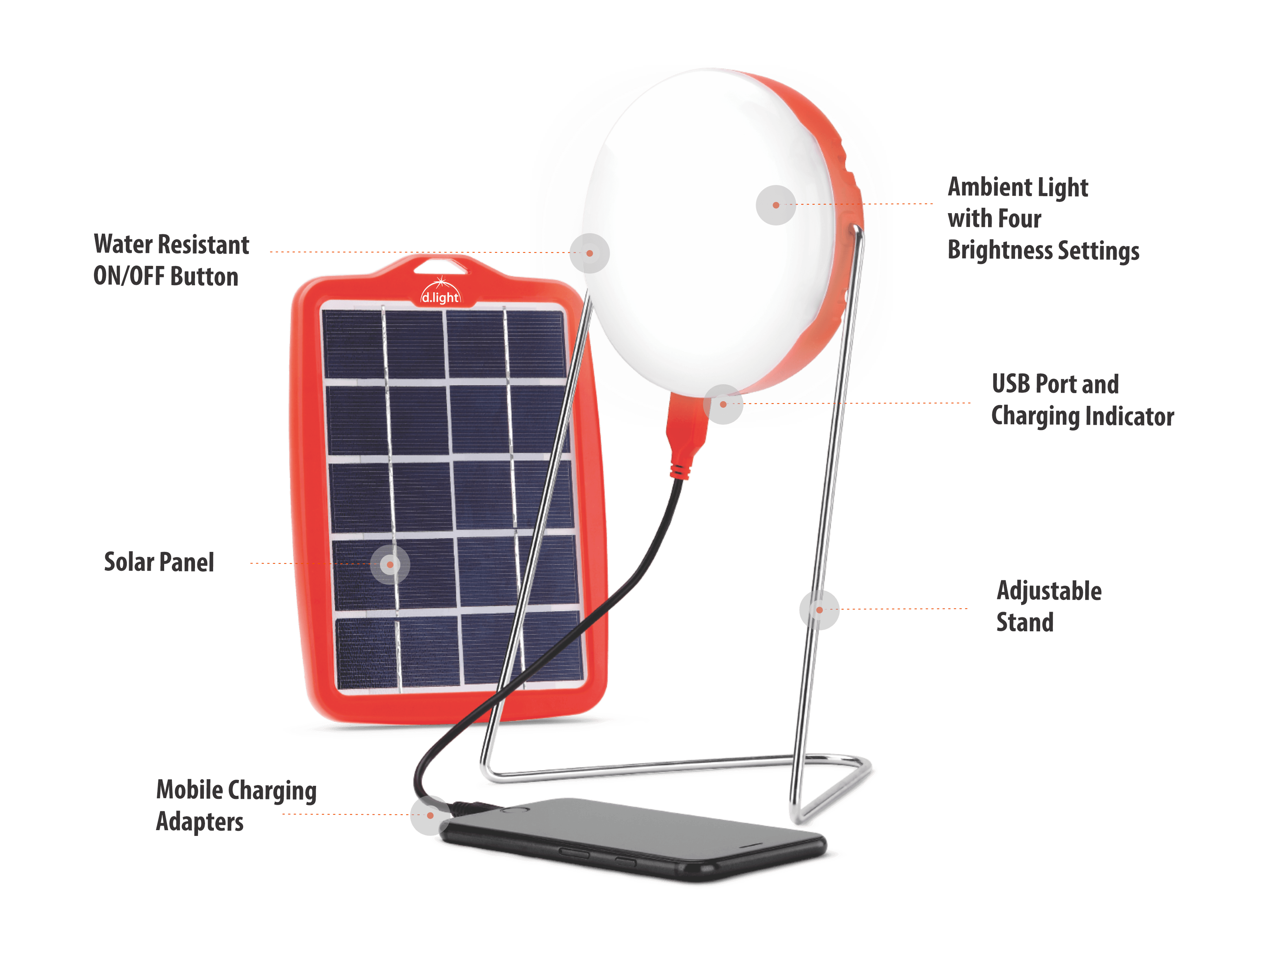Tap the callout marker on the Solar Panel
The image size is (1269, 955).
(390, 564)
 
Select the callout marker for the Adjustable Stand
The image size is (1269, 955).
(819, 610)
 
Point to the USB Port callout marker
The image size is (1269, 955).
(723, 404)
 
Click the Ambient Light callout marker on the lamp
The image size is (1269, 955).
(776, 205)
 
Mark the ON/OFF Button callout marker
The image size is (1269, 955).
(590, 253)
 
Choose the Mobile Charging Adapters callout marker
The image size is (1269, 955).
(430, 815)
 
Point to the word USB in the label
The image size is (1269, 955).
(1011, 384)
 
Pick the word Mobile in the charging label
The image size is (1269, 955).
(190, 789)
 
